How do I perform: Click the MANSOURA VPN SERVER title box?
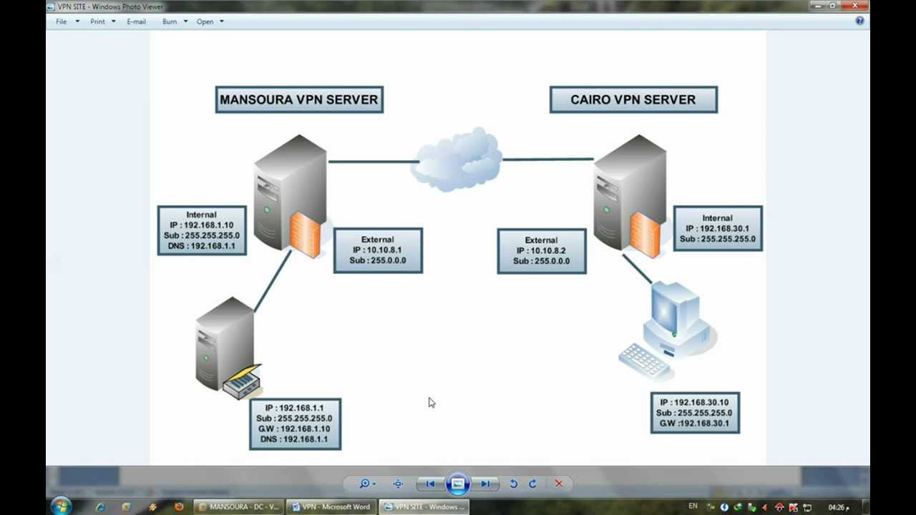[x=299, y=100]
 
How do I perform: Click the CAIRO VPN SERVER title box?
[x=633, y=100]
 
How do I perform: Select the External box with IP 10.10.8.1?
[x=378, y=250]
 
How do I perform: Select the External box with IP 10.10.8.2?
[x=542, y=251]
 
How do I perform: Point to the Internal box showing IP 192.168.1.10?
[x=202, y=230]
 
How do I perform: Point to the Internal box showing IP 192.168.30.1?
[x=718, y=228]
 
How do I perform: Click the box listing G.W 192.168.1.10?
[x=295, y=423]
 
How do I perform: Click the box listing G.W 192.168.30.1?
[x=695, y=413]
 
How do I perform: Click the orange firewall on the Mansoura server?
[x=306, y=235]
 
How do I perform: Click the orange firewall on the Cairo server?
[x=645, y=235]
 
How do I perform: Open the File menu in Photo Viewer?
[x=62, y=21]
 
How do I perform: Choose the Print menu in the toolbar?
[x=98, y=21]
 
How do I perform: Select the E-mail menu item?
[x=136, y=21]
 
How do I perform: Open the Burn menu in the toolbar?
[x=170, y=21]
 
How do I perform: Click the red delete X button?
[x=559, y=484]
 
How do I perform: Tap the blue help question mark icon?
[x=859, y=21]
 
